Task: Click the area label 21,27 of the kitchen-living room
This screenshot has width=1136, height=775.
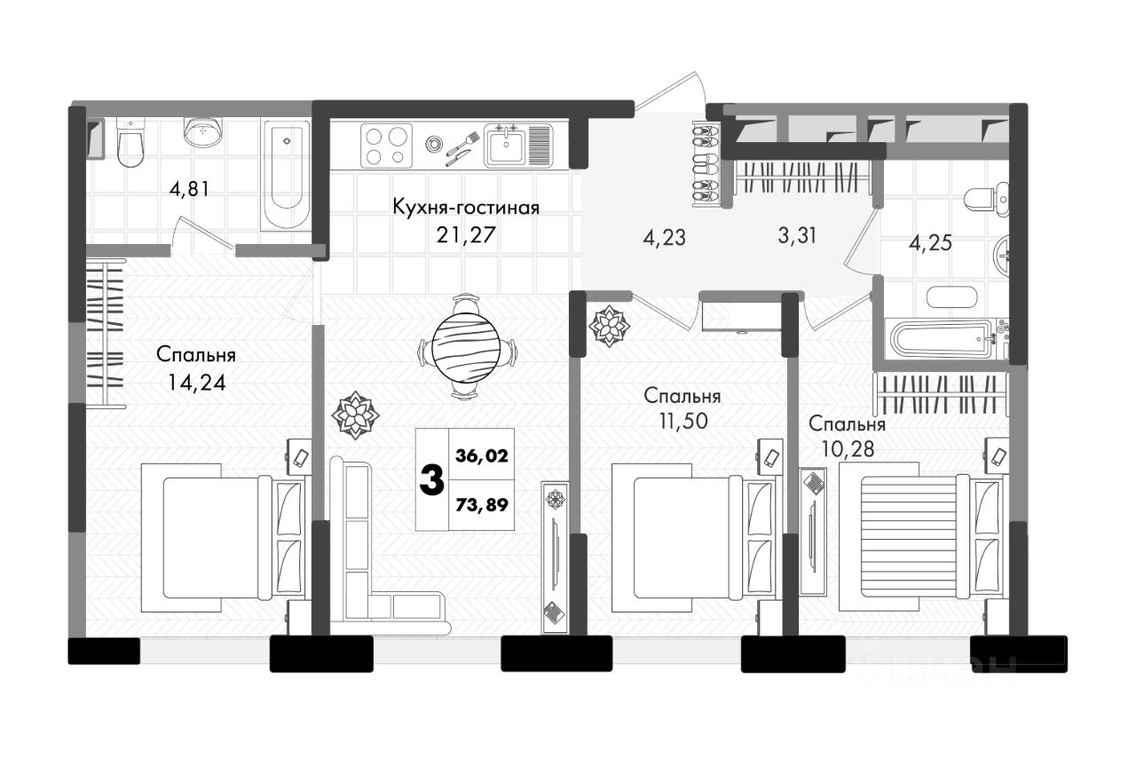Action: [x=466, y=235]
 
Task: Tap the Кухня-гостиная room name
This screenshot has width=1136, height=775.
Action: [x=466, y=208]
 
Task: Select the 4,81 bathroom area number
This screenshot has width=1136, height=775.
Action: [x=189, y=190]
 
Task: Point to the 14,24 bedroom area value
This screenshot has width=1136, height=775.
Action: [x=196, y=383]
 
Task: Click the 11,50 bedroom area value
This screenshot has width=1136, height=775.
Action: [x=683, y=421]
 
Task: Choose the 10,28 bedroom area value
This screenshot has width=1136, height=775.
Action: [x=848, y=449]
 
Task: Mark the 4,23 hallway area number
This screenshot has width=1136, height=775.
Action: [x=665, y=237]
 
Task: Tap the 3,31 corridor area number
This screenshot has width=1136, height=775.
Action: [x=797, y=235]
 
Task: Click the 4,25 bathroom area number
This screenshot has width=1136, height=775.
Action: [x=930, y=243]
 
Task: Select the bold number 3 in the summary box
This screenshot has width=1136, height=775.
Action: [x=432, y=479]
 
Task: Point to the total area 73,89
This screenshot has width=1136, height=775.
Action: [x=482, y=504]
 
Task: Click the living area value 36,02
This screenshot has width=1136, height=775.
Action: [x=482, y=455]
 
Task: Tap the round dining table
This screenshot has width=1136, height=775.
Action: [x=466, y=347]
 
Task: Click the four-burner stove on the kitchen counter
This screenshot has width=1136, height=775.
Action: [x=386, y=146]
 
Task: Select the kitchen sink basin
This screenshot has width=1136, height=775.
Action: [x=506, y=146]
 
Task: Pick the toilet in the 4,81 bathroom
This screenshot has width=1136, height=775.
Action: [x=130, y=143]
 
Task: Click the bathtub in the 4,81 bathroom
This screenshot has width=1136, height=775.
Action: [x=286, y=175]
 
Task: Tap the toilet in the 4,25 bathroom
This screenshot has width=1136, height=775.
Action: [x=986, y=200]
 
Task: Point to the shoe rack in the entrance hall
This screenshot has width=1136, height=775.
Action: [x=706, y=163]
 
